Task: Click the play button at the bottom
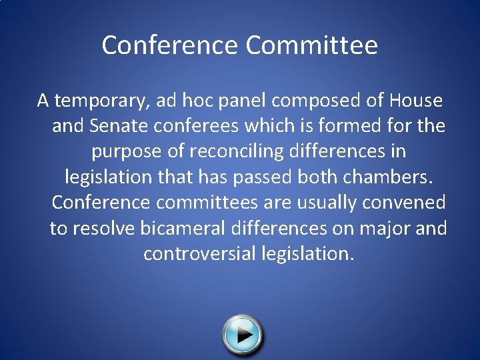click(x=243, y=334)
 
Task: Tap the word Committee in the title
click(x=311, y=45)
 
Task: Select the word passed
click(x=291, y=177)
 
